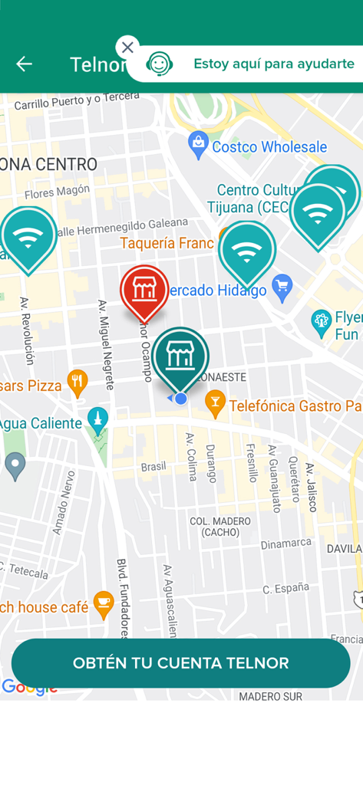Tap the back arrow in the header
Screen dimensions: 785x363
24,64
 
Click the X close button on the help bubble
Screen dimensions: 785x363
127,48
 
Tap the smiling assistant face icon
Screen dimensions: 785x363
159,64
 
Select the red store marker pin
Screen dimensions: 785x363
144,290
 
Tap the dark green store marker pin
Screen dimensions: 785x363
180,356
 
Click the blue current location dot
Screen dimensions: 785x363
181,399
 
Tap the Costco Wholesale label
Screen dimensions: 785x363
269,147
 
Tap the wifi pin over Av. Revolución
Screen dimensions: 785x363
28,237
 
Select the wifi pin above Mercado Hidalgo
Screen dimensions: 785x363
246,251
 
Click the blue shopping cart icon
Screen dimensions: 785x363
282,287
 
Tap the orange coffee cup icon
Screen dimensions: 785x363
104,604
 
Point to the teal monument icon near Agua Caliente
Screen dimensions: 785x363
97,419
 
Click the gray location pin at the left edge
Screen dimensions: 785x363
15,464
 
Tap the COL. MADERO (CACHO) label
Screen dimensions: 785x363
220,527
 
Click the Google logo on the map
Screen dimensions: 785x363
29,688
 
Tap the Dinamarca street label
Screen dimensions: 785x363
285,544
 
